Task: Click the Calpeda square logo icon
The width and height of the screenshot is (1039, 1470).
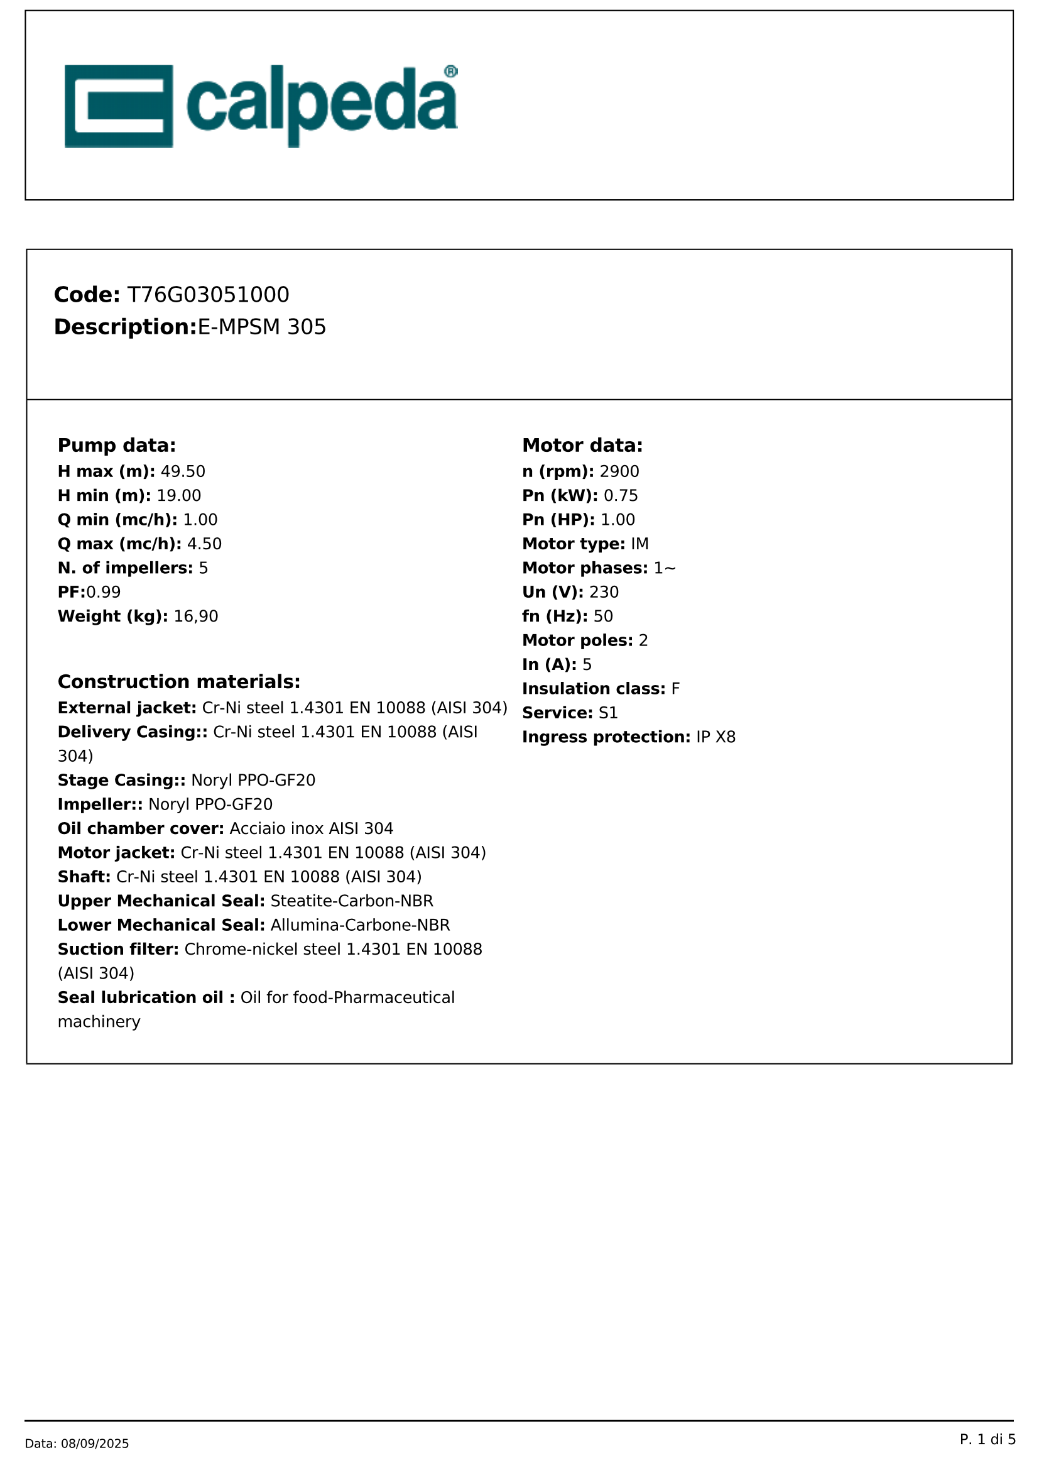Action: point(118,106)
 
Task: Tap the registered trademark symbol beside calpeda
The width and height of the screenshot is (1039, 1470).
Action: point(450,71)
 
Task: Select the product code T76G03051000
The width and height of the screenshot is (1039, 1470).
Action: point(208,295)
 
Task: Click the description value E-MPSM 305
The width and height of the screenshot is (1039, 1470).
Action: point(262,327)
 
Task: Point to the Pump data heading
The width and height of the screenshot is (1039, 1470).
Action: point(116,445)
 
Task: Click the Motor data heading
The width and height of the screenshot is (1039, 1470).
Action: point(582,445)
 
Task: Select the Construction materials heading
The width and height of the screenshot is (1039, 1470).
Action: point(178,681)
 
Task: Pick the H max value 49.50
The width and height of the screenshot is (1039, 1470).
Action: point(183,471)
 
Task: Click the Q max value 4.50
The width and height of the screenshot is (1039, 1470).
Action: point(204,544)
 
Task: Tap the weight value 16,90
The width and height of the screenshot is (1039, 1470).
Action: point(196,616)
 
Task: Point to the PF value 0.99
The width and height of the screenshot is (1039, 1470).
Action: point(104,592)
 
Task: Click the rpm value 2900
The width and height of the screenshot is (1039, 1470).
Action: point(619,471)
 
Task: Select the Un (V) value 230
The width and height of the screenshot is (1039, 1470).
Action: point(604,592)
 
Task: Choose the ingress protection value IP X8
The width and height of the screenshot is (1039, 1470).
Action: point(716,737)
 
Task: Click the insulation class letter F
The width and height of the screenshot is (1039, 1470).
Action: point(676,689)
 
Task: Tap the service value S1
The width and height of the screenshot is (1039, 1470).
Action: point(609,713)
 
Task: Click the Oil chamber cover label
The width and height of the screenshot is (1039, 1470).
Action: point(140,828)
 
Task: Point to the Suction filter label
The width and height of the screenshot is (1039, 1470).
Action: point(117,949)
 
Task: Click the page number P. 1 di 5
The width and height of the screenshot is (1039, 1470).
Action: point(987,1439)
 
